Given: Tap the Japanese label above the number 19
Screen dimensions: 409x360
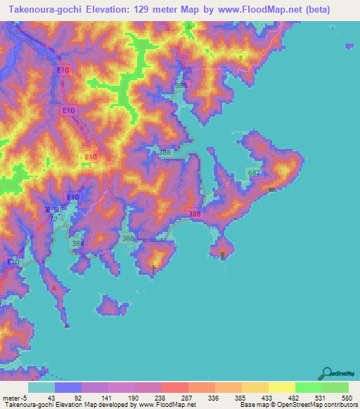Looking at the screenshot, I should pos(53,210).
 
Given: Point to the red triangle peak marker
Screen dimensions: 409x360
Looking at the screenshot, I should pos(55,287).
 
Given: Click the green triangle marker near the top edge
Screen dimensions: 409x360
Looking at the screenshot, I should pos(190,27).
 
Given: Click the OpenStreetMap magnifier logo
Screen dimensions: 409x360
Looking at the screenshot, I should pos(327,372).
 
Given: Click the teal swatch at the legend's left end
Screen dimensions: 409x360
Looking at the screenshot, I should pos(41,387).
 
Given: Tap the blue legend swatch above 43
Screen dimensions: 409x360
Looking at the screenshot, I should pos(68,387).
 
